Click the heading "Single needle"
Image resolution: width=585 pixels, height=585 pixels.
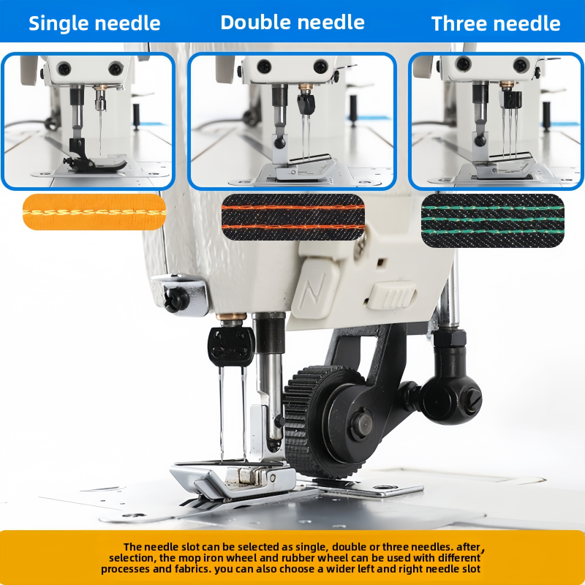94,23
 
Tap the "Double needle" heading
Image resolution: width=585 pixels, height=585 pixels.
292,23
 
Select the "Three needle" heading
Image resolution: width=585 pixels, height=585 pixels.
496,23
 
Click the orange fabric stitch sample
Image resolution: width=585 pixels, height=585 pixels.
94,212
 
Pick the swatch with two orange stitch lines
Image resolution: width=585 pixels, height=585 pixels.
293,216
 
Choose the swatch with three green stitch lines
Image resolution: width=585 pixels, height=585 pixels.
492,221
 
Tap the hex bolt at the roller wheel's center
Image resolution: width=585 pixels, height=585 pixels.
361,426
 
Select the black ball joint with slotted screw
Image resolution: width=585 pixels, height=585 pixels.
452,400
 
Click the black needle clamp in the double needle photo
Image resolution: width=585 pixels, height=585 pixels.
306,103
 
